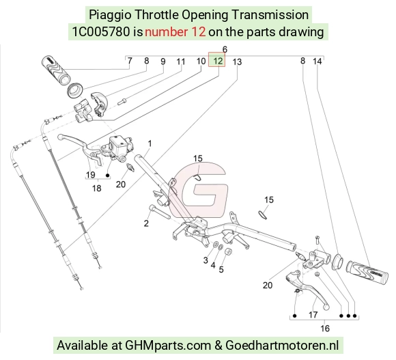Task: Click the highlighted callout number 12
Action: coord(218,61)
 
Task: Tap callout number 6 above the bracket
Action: coord(225,49)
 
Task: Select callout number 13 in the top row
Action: coord(237,62)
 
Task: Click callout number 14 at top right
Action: coord(317,61)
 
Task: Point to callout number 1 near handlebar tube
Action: coord(150,143)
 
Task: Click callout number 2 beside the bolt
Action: coord(146,223)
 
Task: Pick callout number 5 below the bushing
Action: coord(221,270)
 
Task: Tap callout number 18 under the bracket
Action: coord(97,189)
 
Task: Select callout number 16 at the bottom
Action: coord(325,329)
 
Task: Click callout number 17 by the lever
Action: coord(313,315)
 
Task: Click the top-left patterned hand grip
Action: coord(56,70)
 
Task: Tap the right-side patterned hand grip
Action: coord(367,273)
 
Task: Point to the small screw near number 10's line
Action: coord(122,102)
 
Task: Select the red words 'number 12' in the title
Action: coord(175,32)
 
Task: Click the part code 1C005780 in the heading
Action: coord(101,32)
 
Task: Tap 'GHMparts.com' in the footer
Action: coord(168,346)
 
